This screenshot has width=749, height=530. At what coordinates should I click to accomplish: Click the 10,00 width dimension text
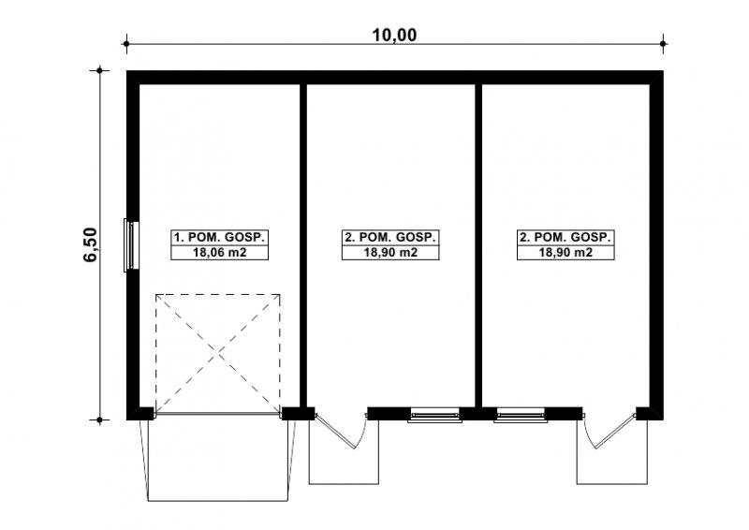point(394,35)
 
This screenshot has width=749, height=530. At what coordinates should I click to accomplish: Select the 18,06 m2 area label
point(220,252)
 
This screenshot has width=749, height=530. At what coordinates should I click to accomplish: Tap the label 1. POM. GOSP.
point(220,237)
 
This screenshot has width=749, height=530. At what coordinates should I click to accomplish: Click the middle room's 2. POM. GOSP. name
point(390,237)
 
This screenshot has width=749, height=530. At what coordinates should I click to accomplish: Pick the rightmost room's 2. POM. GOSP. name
point(565,237)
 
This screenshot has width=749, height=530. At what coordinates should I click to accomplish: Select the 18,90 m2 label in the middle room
point(390,252)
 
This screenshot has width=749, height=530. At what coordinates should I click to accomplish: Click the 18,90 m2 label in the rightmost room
point(565,252)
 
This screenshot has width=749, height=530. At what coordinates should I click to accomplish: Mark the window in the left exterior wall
point(131,245)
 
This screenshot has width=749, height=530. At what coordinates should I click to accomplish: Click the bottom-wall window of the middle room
point(434,415)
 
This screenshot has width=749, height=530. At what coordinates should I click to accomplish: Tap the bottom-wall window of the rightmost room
point(521,415)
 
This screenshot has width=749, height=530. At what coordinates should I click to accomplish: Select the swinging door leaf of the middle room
point(335,432)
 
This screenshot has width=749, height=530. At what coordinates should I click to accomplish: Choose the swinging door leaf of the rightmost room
point(615,432)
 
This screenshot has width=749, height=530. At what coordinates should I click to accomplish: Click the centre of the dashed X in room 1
point(218,354)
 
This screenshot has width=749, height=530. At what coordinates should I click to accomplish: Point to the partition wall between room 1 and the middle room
point(302,245)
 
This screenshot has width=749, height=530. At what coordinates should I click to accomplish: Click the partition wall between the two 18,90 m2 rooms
point(478,245)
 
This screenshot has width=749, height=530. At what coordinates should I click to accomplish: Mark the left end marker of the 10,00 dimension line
point(126,44)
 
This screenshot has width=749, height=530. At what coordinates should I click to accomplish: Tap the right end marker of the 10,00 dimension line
point(663,44)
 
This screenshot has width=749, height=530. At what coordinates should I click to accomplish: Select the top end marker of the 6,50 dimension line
point(100,71)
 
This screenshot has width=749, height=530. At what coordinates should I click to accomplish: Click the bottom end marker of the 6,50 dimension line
point(100,420)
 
